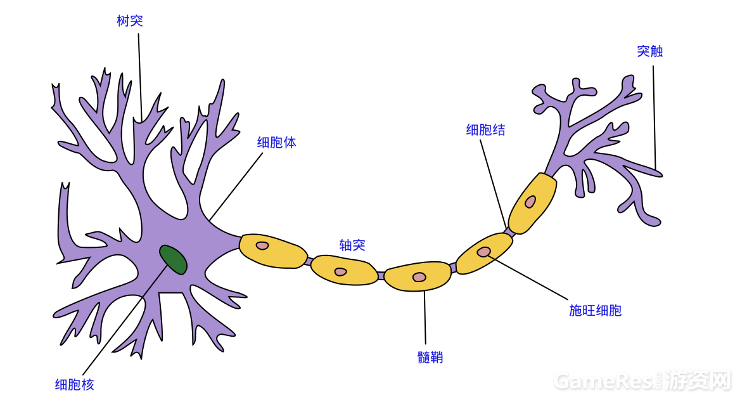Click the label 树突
pyautogui.click(x=130, y=21)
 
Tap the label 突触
pyautogui.click(x=649, y=51)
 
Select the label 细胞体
pyautogui.click(x=276, y=143)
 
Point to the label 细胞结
pyautogui.click(x=485, y=130)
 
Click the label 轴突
pyautogui.click(x=352, y=245)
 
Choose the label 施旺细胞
pyautogui.click(x=595, y=311)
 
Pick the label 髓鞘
pyautogui.click(x=430, y=358)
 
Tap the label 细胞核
pyautogui.click(x=74, y=385)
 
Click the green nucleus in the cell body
pyautogui.click(x=173, y=259)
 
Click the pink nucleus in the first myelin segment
pyautogui.click(x=262, y=245)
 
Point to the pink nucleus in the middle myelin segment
pyautogui.click(x=419, y=277)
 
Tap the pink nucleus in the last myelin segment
pyautogui.click(x=530, y=202)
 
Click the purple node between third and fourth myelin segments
pyautogui.click(x=453, y=268)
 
